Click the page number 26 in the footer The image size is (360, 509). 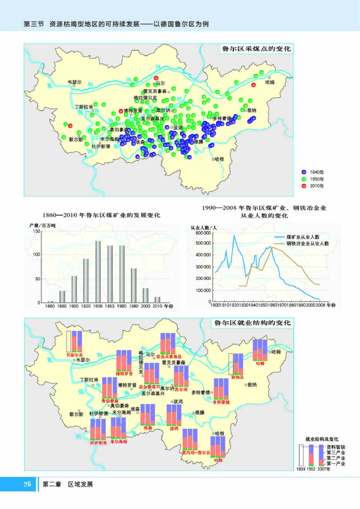[x=27, y=484]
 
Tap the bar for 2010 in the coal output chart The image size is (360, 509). [x=157, y=299]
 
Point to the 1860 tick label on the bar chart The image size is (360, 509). [x=50, y=306]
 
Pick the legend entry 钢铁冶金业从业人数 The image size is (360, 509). [x=308, y=243]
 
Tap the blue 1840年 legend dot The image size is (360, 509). [x=304, y=172]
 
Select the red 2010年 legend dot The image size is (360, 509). [x=304, y=185]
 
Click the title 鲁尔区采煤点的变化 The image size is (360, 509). [x=254, y=49]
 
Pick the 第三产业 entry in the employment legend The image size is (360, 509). [x=335, y=453]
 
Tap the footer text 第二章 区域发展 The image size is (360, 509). [x=67, y=484]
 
